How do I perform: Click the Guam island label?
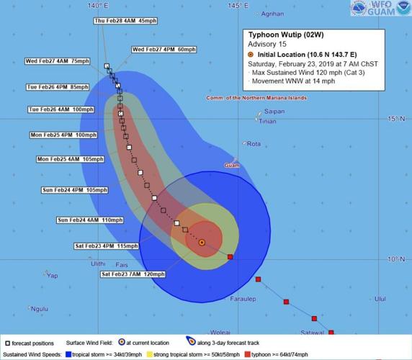coord(232,165)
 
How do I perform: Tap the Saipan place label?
coord(274,112)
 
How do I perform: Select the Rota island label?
coord(254,144)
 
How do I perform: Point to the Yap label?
coord(50,275)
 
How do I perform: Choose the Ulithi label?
coord(98,264)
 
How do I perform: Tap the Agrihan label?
coord(272,14)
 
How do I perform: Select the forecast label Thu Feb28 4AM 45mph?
coord(125,21)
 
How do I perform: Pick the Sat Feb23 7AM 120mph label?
coord(133,274)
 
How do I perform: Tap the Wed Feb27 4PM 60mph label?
coord(164,50)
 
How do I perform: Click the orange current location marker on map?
coord(202,243)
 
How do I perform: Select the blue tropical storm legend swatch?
coord(68,354)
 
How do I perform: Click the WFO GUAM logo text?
coord(381,9)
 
